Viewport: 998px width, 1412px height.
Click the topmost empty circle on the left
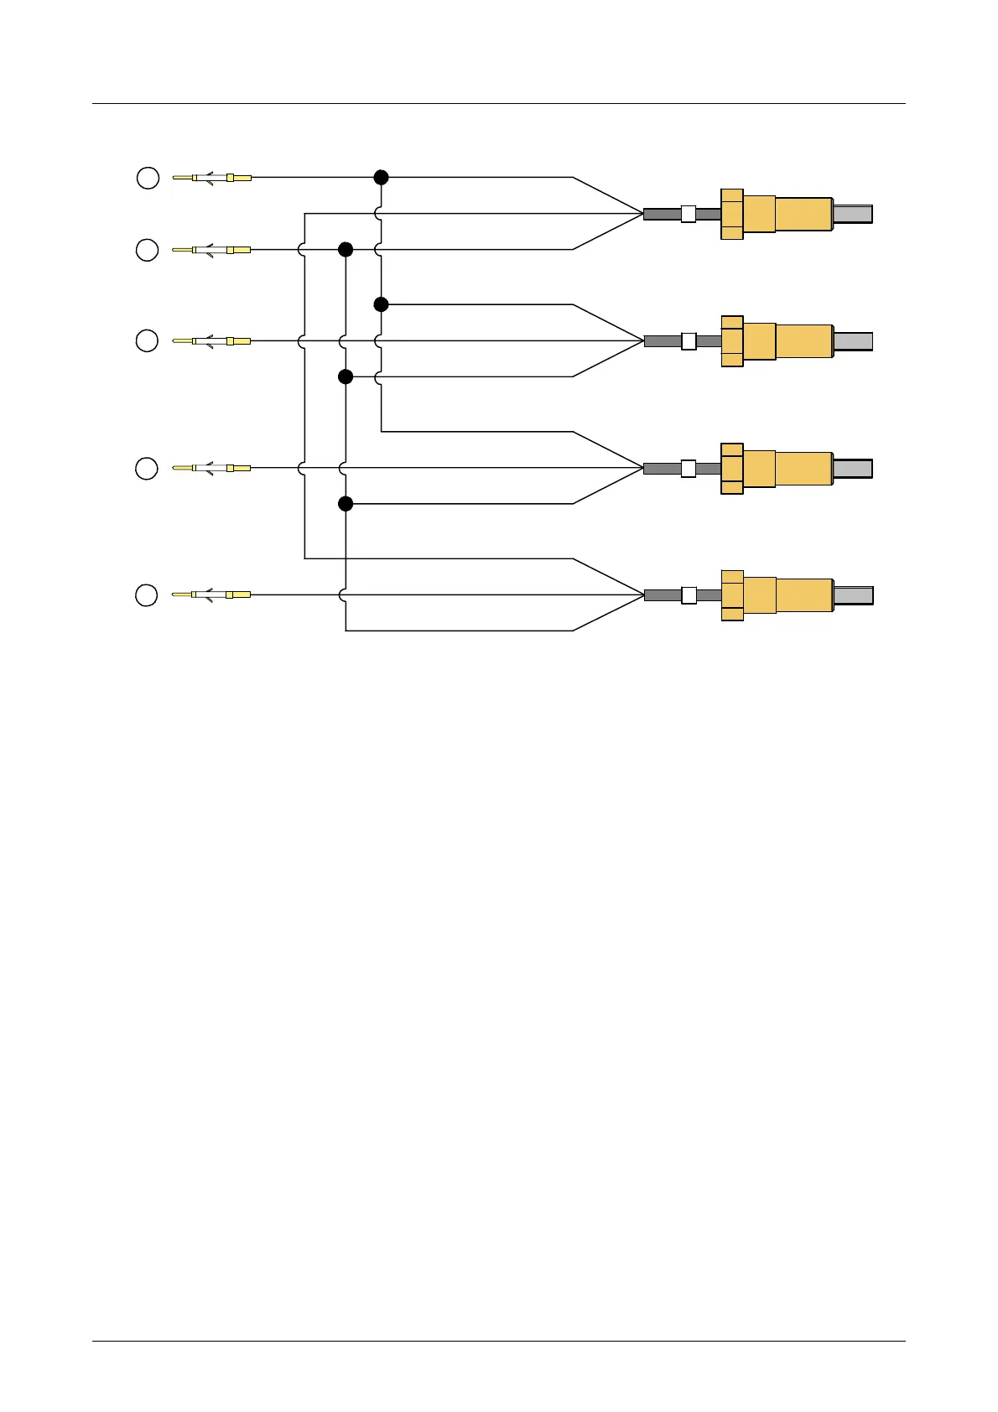coord(148,178)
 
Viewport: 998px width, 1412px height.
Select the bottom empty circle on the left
coord(147,595)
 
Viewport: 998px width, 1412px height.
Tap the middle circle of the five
coord(147,341)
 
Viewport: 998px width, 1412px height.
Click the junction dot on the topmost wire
coord(381,177)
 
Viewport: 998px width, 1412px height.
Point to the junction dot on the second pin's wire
coord(345,249)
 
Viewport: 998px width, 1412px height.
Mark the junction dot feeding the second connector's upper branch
coord(381,304)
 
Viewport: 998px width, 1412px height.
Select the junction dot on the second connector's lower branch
coord(345,376)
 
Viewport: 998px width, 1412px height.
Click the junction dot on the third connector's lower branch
coord(345,503)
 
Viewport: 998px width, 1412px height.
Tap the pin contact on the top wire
coord(211,178)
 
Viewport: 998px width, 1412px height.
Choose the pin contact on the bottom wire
coord(211,594)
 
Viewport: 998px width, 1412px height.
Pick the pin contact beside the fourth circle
coord(211,468)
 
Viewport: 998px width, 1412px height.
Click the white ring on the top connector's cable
coord(688,214)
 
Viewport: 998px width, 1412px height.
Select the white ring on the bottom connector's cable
coord(689,595)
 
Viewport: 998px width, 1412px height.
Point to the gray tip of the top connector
coord(853,214)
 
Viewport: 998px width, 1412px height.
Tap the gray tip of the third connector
coord(853,469)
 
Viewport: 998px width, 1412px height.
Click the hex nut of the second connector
coord(732,341)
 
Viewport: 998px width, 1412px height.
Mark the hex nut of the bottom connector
coord(732,595)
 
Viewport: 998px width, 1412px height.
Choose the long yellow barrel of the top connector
coord(803,214)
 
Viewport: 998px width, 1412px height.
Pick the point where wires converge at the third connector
coord(642,468)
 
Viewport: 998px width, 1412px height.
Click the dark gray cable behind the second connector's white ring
coord(663,341)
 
